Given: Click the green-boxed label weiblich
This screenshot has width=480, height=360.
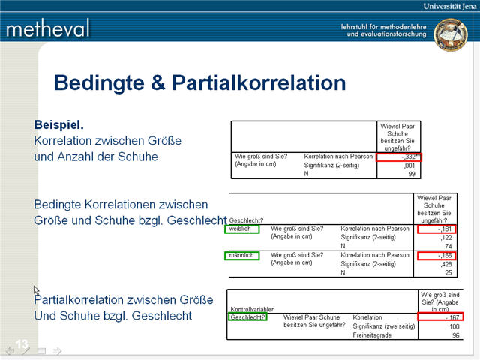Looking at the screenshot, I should (x=242, y=229).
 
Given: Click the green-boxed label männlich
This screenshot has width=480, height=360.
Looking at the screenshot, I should (x=242, y=256).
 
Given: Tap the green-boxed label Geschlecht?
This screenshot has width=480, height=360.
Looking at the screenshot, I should (x=247, y=317).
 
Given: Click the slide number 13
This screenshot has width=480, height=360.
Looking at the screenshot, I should (x=22, y=343).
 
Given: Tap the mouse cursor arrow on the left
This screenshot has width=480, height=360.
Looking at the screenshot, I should (x=36, y=291).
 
